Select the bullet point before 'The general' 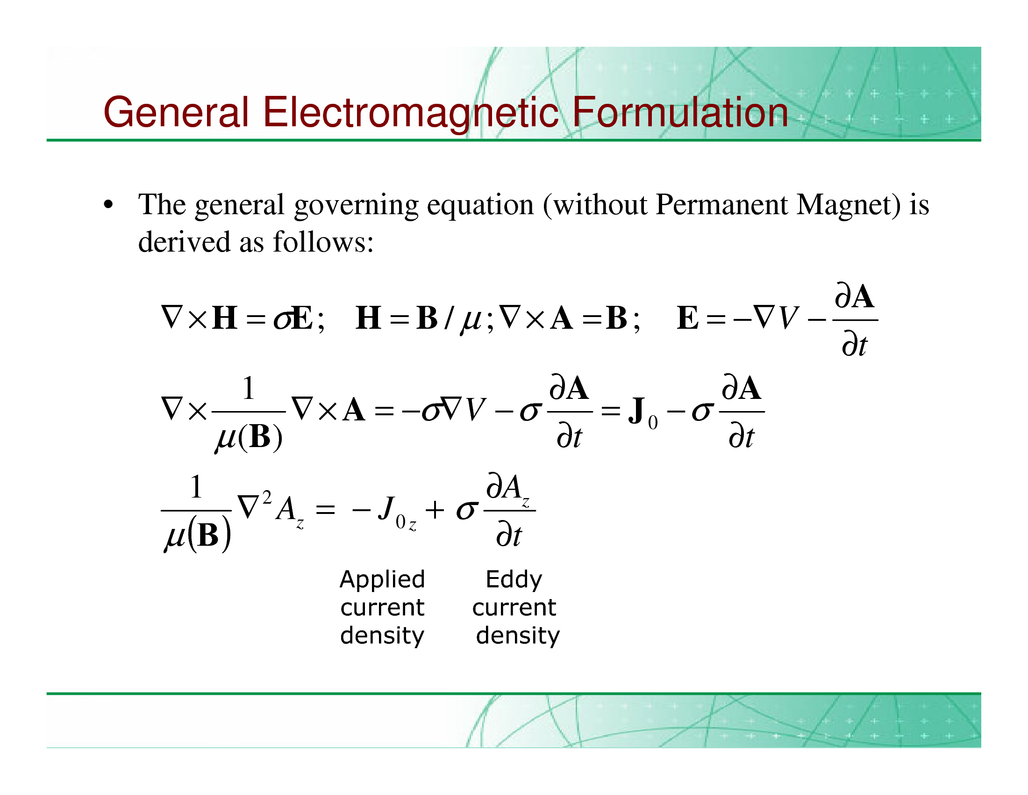[108, 205]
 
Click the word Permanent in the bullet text [721, 204]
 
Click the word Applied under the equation [382, 580]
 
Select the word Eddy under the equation [514, 580]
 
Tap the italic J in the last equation [386, 508]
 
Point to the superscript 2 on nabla [267, 497]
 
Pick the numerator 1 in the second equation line [248, 389]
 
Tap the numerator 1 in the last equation [196, 487]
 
